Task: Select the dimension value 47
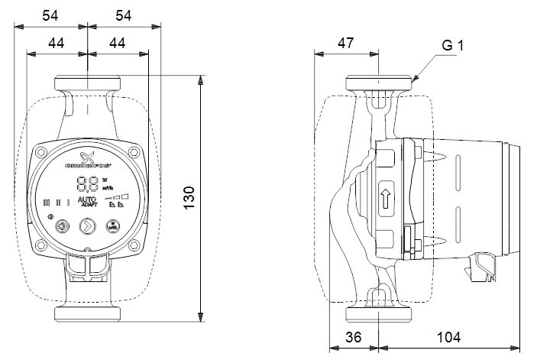(x=345, y=43)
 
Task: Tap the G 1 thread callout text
(x=452, y=46)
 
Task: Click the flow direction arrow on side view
(x=387, y=199)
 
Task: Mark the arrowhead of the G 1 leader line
(x=414, y=79)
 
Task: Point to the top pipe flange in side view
(x=378, y=83)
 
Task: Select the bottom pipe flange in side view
(x=378, y=315)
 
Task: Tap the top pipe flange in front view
(x=87, y=83)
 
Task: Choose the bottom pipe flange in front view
(x=87, y=315)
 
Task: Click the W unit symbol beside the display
(x=105, y=180)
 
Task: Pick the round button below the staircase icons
(x=113, y=226)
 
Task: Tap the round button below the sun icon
(x=63, y=226)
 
